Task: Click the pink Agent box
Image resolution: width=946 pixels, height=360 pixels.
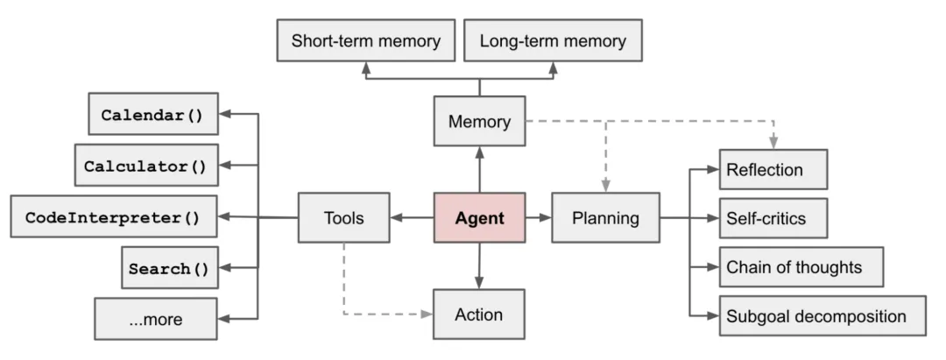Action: click(x=479, y=217)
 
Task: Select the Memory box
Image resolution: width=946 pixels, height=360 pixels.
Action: click(x=479, y=122)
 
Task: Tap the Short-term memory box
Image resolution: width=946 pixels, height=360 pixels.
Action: click(x=365, y=41)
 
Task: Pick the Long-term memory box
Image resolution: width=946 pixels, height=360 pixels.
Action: click(x=553, y=41)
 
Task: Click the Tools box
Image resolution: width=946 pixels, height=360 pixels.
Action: click(x=343, y=217)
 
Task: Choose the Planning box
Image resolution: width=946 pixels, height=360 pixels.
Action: click(x=605, y=217)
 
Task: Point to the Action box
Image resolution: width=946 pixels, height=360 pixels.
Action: click(x=479, y=314)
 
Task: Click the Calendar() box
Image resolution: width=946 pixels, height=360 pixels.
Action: click(x=153, y=114)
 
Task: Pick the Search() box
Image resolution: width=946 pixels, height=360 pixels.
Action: click(x=169, y=268)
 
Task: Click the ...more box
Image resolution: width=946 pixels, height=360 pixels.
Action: click(x=155, y=319)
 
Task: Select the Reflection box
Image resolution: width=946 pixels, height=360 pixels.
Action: click(x=773, y=169)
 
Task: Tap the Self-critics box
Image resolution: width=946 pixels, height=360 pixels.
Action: click(x=773, y=218)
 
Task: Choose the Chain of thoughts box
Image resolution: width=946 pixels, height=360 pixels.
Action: click(x=801, y=267)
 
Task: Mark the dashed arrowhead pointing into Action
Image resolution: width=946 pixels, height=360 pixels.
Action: click(x=427, y=314)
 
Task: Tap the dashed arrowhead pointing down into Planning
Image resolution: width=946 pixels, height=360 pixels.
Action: click(x=605, y=186)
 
